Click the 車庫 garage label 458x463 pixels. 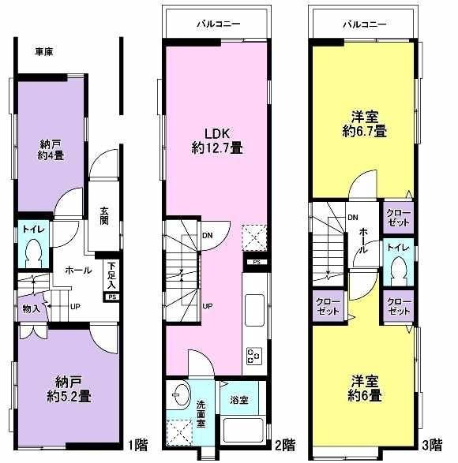[x=44, y=52]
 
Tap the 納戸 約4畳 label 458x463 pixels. [x=53, y=149]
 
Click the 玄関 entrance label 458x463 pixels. [x=104, y=216]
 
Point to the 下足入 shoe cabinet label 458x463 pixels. [x=112, y=274]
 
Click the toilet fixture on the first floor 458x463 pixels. [x=34, y=251]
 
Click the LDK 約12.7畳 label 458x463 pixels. [x=215, y=140]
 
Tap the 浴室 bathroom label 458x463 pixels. [x=238, y=401]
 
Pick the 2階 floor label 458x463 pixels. [x=285, y=444]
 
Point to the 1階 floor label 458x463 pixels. [x=136, y=444]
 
